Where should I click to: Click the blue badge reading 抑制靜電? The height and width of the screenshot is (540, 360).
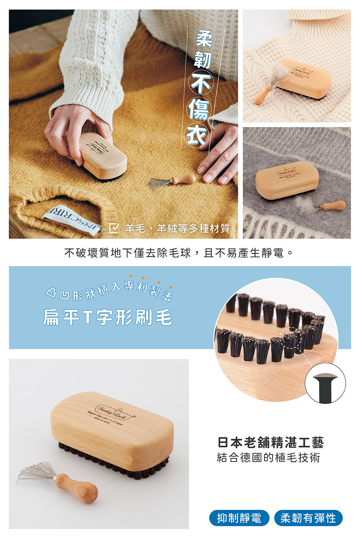click(239, 518)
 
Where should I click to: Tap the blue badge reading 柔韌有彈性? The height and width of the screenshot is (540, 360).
click(308, 518)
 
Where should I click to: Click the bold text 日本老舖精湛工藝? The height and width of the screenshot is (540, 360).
click(271, 442)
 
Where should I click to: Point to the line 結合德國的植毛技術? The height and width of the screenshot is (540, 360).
click(269, 458)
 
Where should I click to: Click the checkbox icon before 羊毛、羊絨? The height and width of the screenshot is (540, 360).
click(114, 228)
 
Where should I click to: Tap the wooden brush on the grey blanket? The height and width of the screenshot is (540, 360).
click(287, 182)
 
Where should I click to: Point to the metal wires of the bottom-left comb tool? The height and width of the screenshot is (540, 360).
click(36, 472)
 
